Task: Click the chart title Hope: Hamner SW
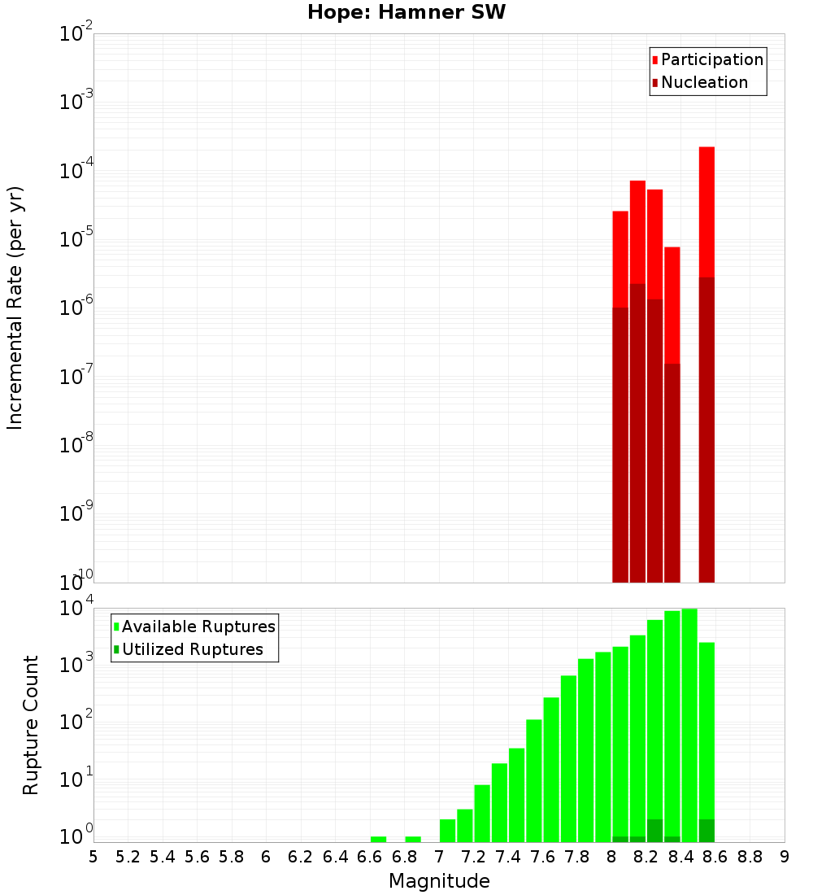point(406,13)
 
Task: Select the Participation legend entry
point(707,59)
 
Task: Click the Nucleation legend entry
point(699,82)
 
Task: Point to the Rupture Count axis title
point(31,725)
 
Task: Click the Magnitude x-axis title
point(439,881)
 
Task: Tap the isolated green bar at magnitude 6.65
point(379,839)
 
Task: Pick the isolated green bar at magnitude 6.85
point(413,839)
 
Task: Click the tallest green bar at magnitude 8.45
point(689,724)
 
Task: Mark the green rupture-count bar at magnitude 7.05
point(448,830)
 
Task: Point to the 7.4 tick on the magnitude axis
point(508,857)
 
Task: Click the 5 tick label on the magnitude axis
point(93,857)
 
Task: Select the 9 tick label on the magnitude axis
point(785,857)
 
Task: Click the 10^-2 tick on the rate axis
point(76,34)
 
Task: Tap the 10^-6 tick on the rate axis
point(76,308)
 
